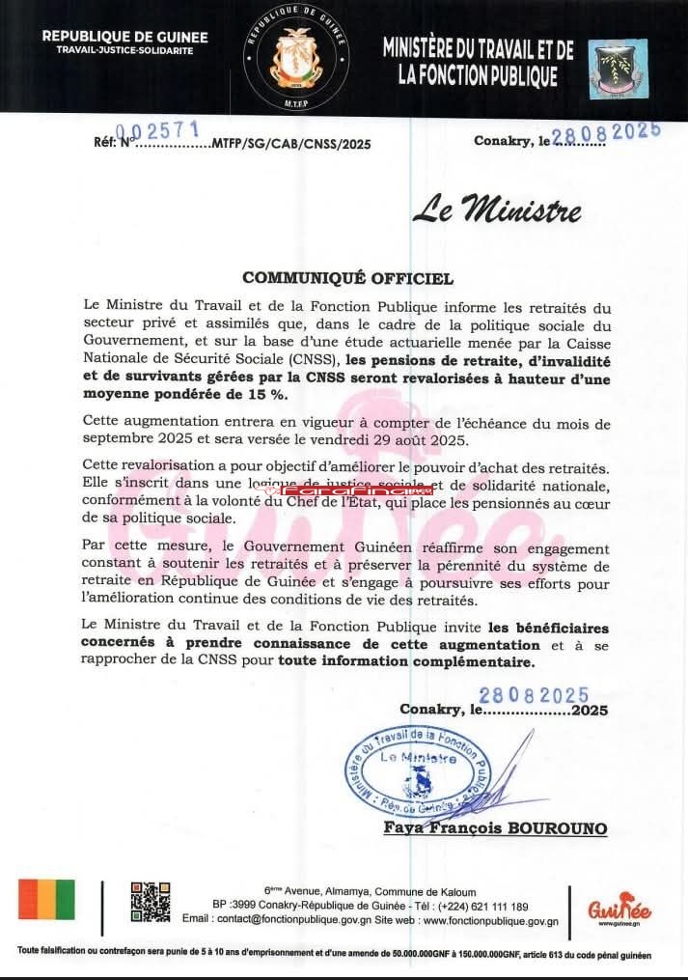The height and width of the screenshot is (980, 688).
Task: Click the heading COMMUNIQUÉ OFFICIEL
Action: pos(347,278)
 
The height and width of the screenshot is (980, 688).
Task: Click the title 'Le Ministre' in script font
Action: pos(496,210)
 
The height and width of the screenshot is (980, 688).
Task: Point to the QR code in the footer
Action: pos(150,902)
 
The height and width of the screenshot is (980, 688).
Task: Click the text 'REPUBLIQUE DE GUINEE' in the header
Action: pos(124,37)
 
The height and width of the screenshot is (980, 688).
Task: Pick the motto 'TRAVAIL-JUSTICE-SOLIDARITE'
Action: pos(124,49)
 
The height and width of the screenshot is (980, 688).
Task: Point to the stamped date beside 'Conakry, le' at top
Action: pos(605,133)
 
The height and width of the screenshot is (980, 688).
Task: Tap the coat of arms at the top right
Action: pos(618,68)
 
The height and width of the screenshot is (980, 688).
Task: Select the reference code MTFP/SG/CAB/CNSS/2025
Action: pos(290,144)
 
